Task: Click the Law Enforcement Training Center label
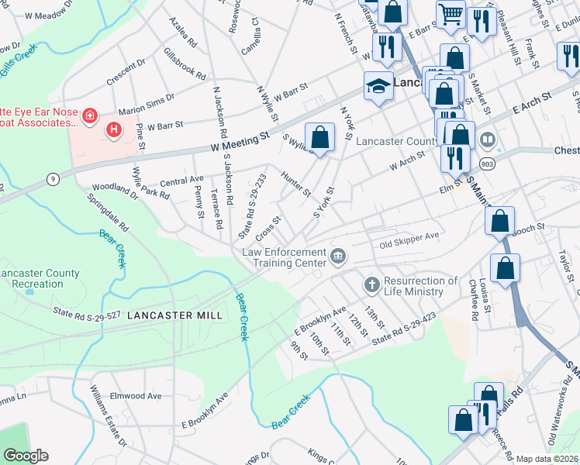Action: (x=284, y=257)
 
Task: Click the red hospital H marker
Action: (x=114, y=129)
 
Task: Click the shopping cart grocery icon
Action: (x=450, y=14)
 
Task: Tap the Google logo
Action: (x=26, y=456)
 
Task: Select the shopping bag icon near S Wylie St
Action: (x=319, y=138)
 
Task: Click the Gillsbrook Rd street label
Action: (x=185, y=65)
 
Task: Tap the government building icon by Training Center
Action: (x=338, y=256)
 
